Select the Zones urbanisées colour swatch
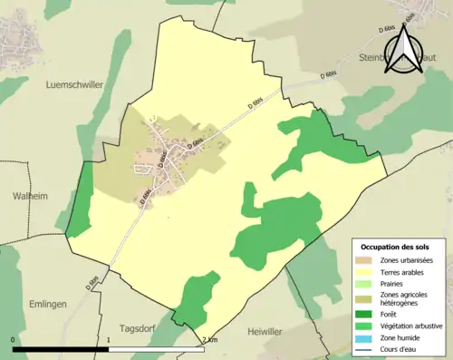coord(368,260)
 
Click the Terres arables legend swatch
coord(368,272)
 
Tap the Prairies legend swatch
coord(368,284)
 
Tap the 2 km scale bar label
coord(209,340)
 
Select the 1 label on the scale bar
coord(110,340)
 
